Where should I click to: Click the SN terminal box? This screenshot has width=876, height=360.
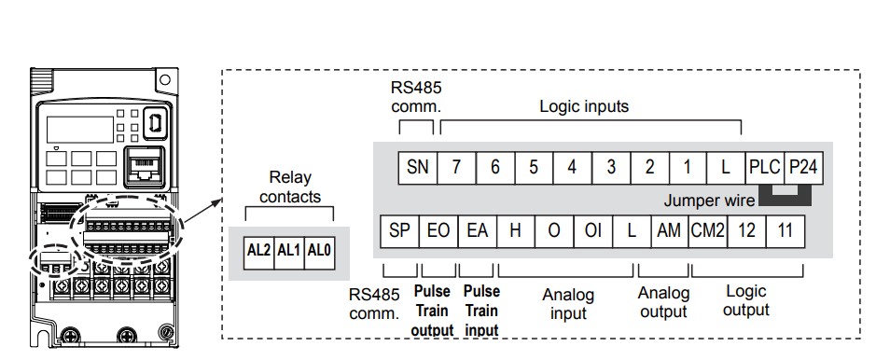pos(417,168)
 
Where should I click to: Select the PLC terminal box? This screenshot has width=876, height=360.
pos(765,168)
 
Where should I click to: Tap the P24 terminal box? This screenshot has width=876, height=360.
pos(803,168)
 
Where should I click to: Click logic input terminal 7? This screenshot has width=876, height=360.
pos(456,168)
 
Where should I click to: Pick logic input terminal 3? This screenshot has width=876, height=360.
pos(611,168)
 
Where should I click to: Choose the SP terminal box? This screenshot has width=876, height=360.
pos(399,231)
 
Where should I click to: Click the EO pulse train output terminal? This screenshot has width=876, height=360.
pos(438,231)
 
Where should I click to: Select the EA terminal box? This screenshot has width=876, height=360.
pos(477,231)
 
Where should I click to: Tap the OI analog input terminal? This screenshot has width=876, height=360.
pos(592,231)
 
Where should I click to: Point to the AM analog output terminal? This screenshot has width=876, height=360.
pos(670,231)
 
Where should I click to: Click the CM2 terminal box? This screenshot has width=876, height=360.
pos(708,231)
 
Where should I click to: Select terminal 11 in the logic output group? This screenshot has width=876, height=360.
pos(786,231)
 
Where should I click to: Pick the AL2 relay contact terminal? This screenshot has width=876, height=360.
pos(258,253)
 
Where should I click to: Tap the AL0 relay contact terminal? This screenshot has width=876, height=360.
pos(320,253)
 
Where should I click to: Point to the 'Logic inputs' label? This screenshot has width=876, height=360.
pos(584,106)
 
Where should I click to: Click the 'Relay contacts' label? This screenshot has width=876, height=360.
pos(290,187)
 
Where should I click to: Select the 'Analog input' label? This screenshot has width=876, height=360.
pos(568,304)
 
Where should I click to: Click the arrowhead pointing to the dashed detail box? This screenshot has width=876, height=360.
pos(217,202)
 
